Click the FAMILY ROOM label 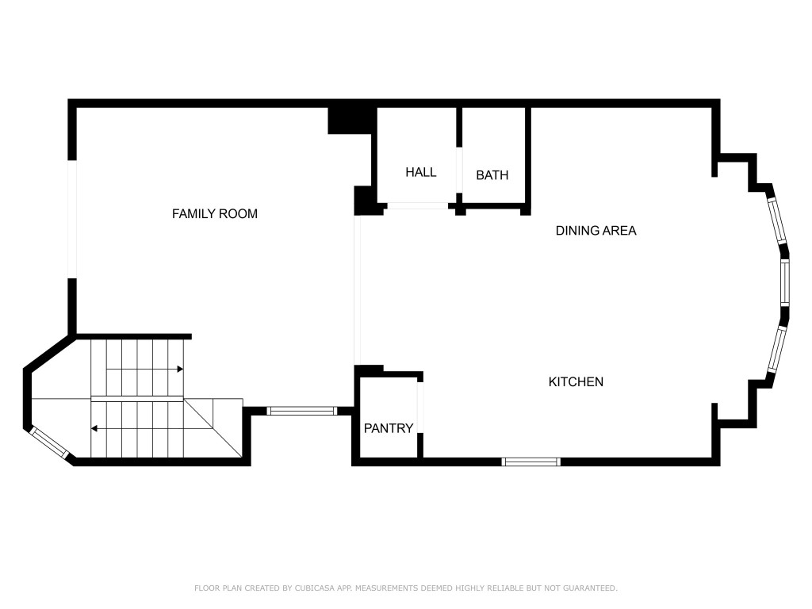(215, 213)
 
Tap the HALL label (420, 172)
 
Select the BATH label (492, 175)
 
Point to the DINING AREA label (596, 231)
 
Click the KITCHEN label (576, 381)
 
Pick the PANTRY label (389, 428)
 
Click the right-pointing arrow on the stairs (181, 369)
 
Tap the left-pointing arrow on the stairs (94, 428)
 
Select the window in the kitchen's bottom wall (531, 462)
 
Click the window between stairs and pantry (301, 411)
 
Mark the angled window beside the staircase (49, 442)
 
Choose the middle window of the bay (785, 282)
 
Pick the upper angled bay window (776, 220)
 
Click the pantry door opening (420, 407)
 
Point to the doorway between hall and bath (459, 170)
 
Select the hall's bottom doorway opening (416, 206)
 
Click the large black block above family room (350, 119)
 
